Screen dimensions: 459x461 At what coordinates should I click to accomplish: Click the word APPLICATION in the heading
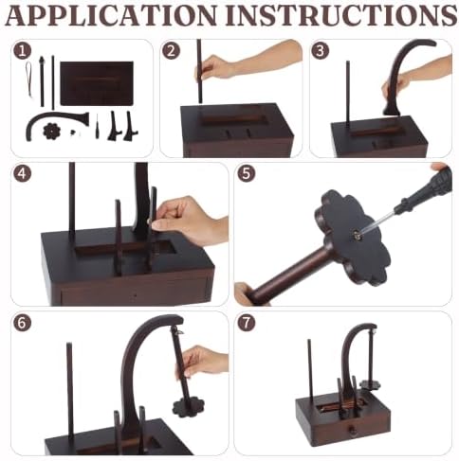(x=111, y=15)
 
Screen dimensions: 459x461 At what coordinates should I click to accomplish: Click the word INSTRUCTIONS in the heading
(x=341, y=15)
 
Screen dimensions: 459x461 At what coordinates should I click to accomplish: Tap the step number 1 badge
(x=23, y=51)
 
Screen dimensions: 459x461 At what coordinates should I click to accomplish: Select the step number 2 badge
(x=171, y=50)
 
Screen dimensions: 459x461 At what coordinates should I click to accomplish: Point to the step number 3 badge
(x=321, y=50)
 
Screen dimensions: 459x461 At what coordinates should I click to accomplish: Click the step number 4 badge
(x=23, y=173)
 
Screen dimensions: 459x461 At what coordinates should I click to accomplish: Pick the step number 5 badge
(x=247, y=173)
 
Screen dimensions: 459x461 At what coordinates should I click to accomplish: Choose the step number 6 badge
(x=23, y=323)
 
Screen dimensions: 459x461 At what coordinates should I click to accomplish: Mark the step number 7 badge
(x=247, y=323)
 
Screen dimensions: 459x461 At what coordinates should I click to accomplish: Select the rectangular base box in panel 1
(x=97, y=83)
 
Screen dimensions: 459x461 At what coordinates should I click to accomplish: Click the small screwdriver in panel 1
(x=97, y=127)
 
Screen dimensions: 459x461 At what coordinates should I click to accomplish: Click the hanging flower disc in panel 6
(x=189, y=407)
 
